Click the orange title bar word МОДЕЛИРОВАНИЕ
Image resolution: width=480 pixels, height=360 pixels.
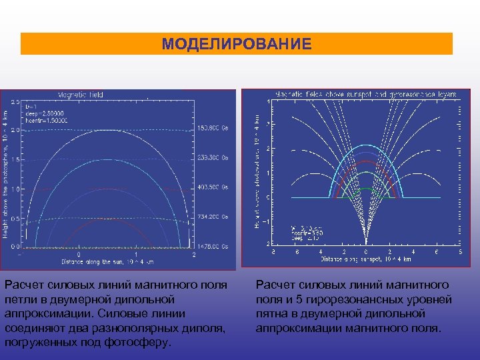coord(237,45)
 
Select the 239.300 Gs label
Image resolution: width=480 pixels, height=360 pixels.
coord(213,159)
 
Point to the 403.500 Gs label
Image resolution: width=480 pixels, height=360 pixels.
coord(213,188)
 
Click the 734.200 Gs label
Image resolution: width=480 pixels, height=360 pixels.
coord(213,217)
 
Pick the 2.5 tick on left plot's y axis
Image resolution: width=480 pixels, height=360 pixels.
coord(15,102)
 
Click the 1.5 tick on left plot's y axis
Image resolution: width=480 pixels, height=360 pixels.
coord(15,160)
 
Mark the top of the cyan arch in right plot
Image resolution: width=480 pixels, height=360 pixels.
coord(365,145)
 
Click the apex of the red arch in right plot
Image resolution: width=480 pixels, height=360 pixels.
coord(365,161)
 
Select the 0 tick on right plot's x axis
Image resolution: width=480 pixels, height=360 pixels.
coord(365,251)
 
